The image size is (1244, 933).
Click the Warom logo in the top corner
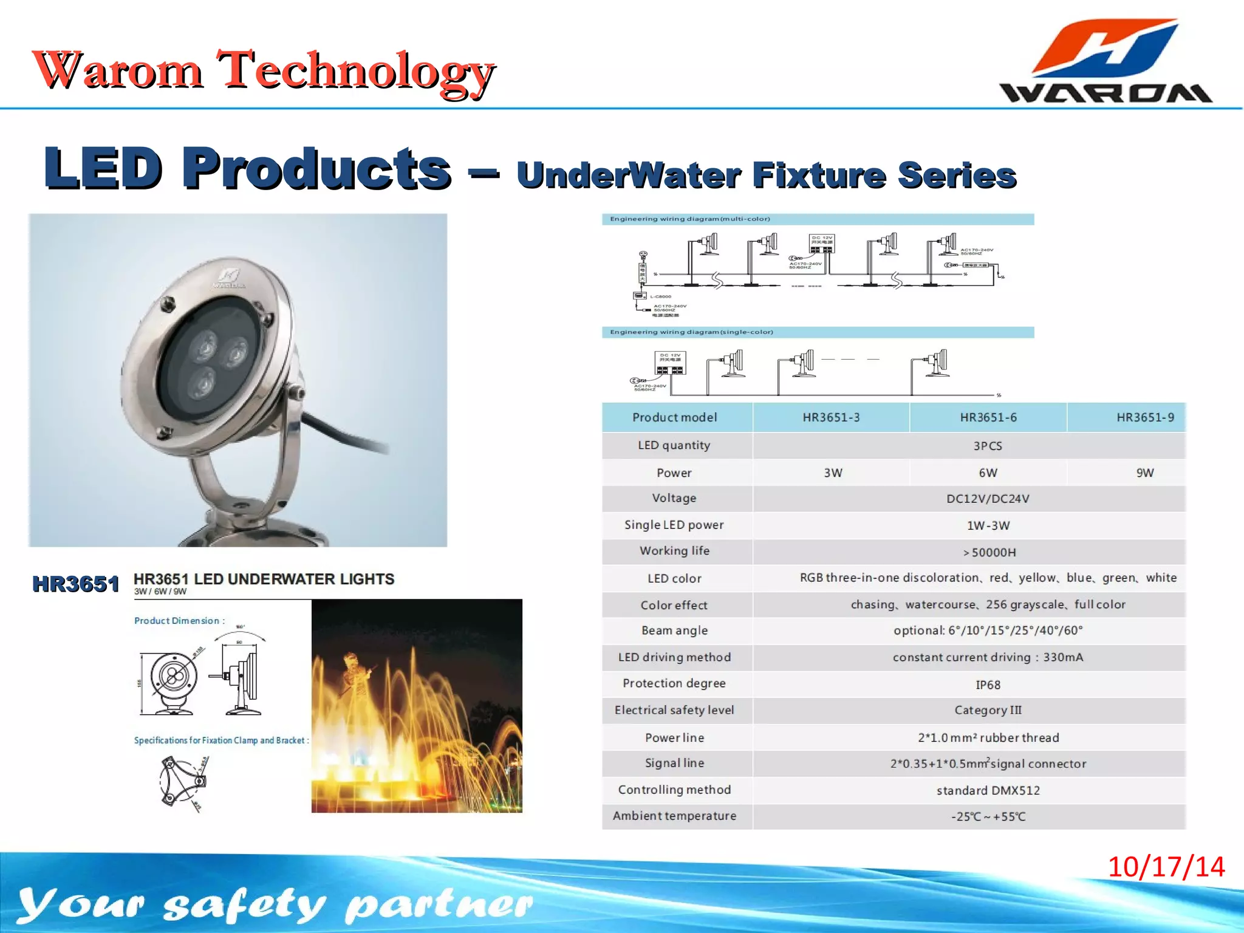coord(1106,61)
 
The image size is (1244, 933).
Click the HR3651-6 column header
coord(988,417)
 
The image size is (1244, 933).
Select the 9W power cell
coord(1144,473)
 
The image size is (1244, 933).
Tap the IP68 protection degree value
coord(988,685)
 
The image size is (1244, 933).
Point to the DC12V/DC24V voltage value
coord(988,499)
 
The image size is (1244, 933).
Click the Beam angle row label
coord(674,631)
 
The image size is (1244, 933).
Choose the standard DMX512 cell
coord(988,790)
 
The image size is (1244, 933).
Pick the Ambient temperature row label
coord(674,816)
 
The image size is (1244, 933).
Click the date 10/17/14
coord(1166,867)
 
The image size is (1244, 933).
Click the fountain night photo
coord(417,706)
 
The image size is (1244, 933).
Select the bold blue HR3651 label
coord(75,584)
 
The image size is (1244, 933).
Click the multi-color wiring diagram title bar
coord(817,219)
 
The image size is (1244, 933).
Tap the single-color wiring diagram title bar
coord(817,332)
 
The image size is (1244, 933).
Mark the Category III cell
coord(988,710)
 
